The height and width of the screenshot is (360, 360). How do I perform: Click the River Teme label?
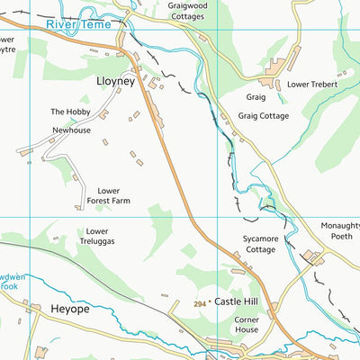pos(81,26)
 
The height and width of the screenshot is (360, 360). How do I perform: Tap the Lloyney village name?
pos(114,80)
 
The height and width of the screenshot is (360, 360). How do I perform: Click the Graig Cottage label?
pos(263,115)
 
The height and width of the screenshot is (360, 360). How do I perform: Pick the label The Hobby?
pos(69,112)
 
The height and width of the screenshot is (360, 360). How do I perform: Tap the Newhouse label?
pos(71,130)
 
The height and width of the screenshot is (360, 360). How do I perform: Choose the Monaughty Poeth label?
pos(339,232)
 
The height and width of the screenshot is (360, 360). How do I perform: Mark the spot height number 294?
pos(199,305)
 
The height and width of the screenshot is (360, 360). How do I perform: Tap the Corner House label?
pos(246,324)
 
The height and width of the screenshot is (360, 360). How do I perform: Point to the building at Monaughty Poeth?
pos(313,257)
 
